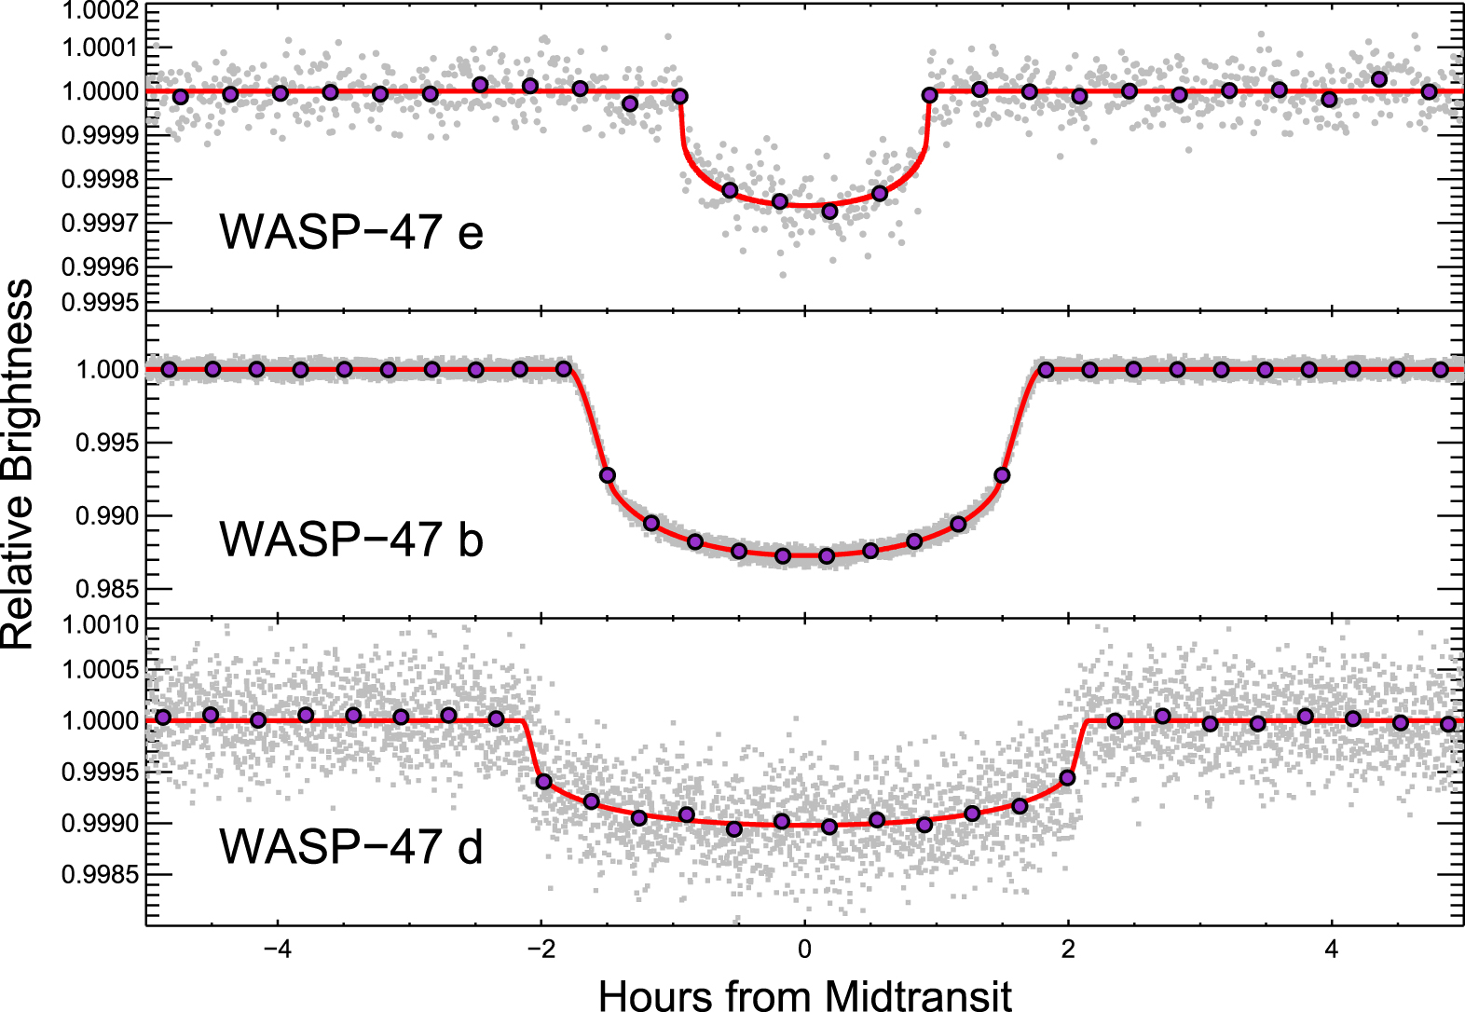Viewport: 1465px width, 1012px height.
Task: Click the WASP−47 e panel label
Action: (351, 231)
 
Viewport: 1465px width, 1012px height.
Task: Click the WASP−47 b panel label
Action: (351, 539)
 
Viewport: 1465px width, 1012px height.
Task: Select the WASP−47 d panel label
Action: (351, 846)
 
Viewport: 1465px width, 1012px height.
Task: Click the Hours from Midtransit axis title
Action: (804, 993)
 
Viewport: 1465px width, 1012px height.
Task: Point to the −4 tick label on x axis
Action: (277, 950)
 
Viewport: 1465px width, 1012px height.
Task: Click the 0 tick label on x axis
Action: (804, 950)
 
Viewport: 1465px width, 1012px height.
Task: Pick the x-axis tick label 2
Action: (1068, 950)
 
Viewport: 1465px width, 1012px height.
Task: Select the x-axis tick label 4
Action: (1332, 950)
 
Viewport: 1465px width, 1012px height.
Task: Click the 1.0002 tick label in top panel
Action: (100, 11)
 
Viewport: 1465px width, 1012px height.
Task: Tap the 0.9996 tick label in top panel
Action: (100, 267)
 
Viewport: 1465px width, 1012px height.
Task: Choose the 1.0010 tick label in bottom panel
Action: (100, 625)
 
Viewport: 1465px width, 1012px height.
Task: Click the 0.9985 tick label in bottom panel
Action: (100, 875)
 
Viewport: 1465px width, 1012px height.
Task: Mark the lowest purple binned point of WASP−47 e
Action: (829, 212)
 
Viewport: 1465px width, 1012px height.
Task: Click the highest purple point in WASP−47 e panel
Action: (1379, 79)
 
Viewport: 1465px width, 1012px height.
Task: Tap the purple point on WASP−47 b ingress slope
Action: (608, 475)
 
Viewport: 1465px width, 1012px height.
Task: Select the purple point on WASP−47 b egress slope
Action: (1002, 475)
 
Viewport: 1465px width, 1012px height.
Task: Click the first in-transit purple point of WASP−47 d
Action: (544, 781)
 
